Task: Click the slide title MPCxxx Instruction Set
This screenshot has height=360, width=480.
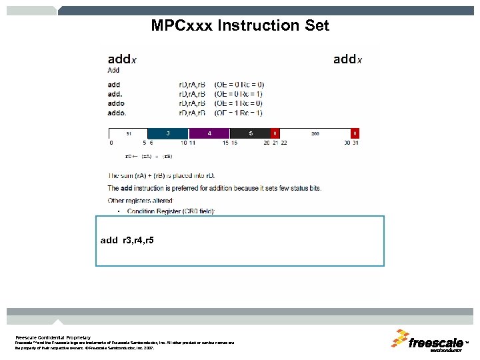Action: pyautogui.click(x=240, y=26)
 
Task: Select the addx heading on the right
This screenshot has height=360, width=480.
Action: pyautogui.click(x=347, y=59)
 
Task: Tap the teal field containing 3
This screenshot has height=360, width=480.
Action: pyautogui.click(x=167, y=133)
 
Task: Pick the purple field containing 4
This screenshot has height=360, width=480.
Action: pyautogui.click(x=209, y=133)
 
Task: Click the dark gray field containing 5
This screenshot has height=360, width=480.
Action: pyautogui.click(x=251, y=133)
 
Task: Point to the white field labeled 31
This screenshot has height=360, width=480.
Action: pyautogui.click(x=128, y=133)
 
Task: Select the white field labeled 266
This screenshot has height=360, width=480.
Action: pyautogui.click(x=315, y=133)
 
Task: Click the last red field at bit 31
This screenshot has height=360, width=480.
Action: pyautogui.click(x=355, y=133)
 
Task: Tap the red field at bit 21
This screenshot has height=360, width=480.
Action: pyautogui.click(x=275, y=133)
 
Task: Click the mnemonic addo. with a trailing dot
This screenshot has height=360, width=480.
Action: pyautogui.click(x=117, y=113)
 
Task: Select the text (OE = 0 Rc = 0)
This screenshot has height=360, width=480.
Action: pyautogui.click(x=239, y=85)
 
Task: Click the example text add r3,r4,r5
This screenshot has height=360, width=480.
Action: pyautogui.click(x=127, y=239)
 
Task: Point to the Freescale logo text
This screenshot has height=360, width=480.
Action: pyautogui.click(x=436, y=343)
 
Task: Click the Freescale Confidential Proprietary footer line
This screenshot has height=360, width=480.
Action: pyautogui.click(x=53, y=337)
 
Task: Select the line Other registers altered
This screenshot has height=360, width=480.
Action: pyautogui.click(x=141, y=200)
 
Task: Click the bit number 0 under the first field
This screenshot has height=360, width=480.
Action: pyautogui.click(x=111, y=142)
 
